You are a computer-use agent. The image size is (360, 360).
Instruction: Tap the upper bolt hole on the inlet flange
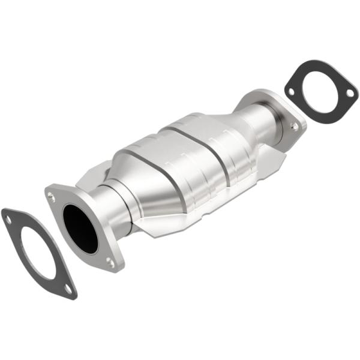tap(52, 196)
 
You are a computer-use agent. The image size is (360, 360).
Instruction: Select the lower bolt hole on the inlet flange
tap(110, 262)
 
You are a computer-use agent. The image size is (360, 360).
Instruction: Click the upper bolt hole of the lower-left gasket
tap(8, 220)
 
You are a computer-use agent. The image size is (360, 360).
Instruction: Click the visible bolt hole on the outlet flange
tap(294, 127)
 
